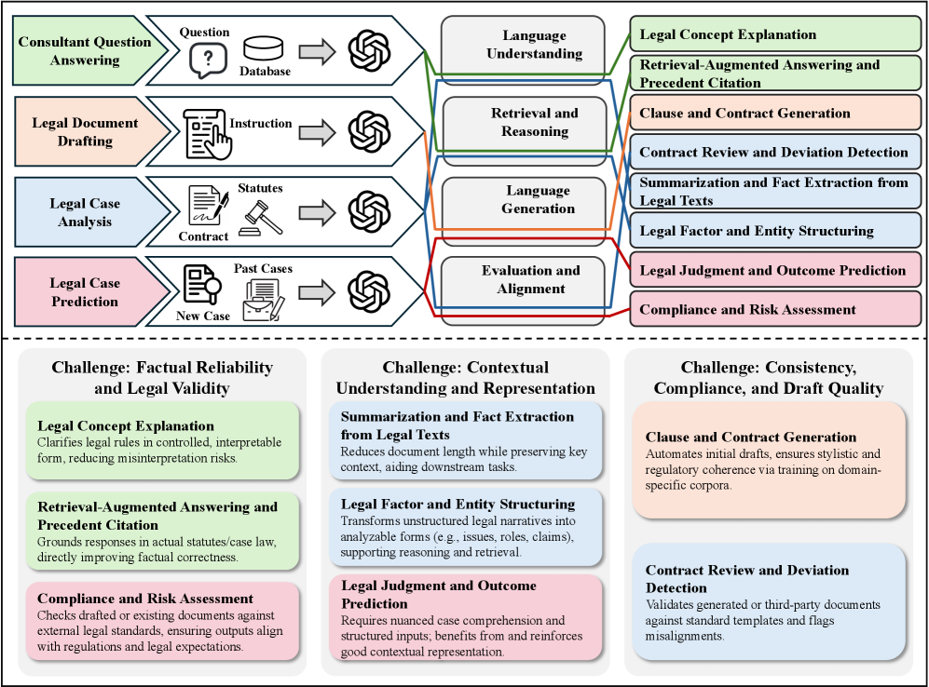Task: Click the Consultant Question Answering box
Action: pos(84,51)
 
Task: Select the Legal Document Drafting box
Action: pos(84,131)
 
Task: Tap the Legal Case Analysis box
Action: pos(84,212)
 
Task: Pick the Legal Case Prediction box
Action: pos(84,292)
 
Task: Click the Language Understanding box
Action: pos(534,45)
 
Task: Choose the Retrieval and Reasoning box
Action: pos(534,122)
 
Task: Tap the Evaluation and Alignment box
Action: pos(530,279)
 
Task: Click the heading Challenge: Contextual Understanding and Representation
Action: pos(465,378)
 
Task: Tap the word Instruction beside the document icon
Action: pos(260,123)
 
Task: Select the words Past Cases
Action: pos(263,268)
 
